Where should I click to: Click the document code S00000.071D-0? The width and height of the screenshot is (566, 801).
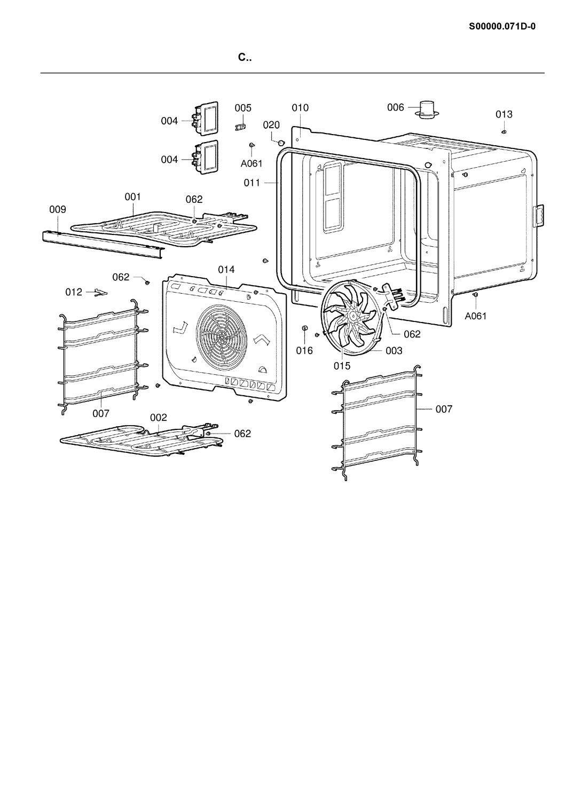click(x=502, y=27)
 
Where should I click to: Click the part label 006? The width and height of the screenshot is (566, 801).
click(x=396, y=107)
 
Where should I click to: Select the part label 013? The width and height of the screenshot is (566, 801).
click(x=504, y=114)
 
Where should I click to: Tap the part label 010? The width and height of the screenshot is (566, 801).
click(x=300, y=108)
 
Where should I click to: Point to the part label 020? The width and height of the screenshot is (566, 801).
click(x=271, y=125)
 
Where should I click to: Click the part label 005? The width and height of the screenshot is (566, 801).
click(x=243, y=108)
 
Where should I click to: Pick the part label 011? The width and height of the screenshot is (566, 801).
click(x=252, y=183)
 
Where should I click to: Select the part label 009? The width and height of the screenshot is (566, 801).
click(x=58, y=209)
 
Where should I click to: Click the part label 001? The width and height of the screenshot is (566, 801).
click(x=132, y=197)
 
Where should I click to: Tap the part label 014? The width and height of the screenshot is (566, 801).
click(x=226, y=269)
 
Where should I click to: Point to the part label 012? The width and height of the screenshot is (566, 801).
click(x=74, y=292)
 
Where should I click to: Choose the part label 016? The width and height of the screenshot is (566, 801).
click(x=304, y=350)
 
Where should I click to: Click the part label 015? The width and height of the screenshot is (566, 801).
click(x=342, y=366)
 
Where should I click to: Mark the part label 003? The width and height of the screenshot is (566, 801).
click(x=394, y=351)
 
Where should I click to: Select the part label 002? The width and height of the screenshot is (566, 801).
click(x=159, y=417)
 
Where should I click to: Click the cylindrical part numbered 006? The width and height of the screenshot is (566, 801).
click(x=427, y=109)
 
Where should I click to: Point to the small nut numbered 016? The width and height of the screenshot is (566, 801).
click(x=305, y=328)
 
